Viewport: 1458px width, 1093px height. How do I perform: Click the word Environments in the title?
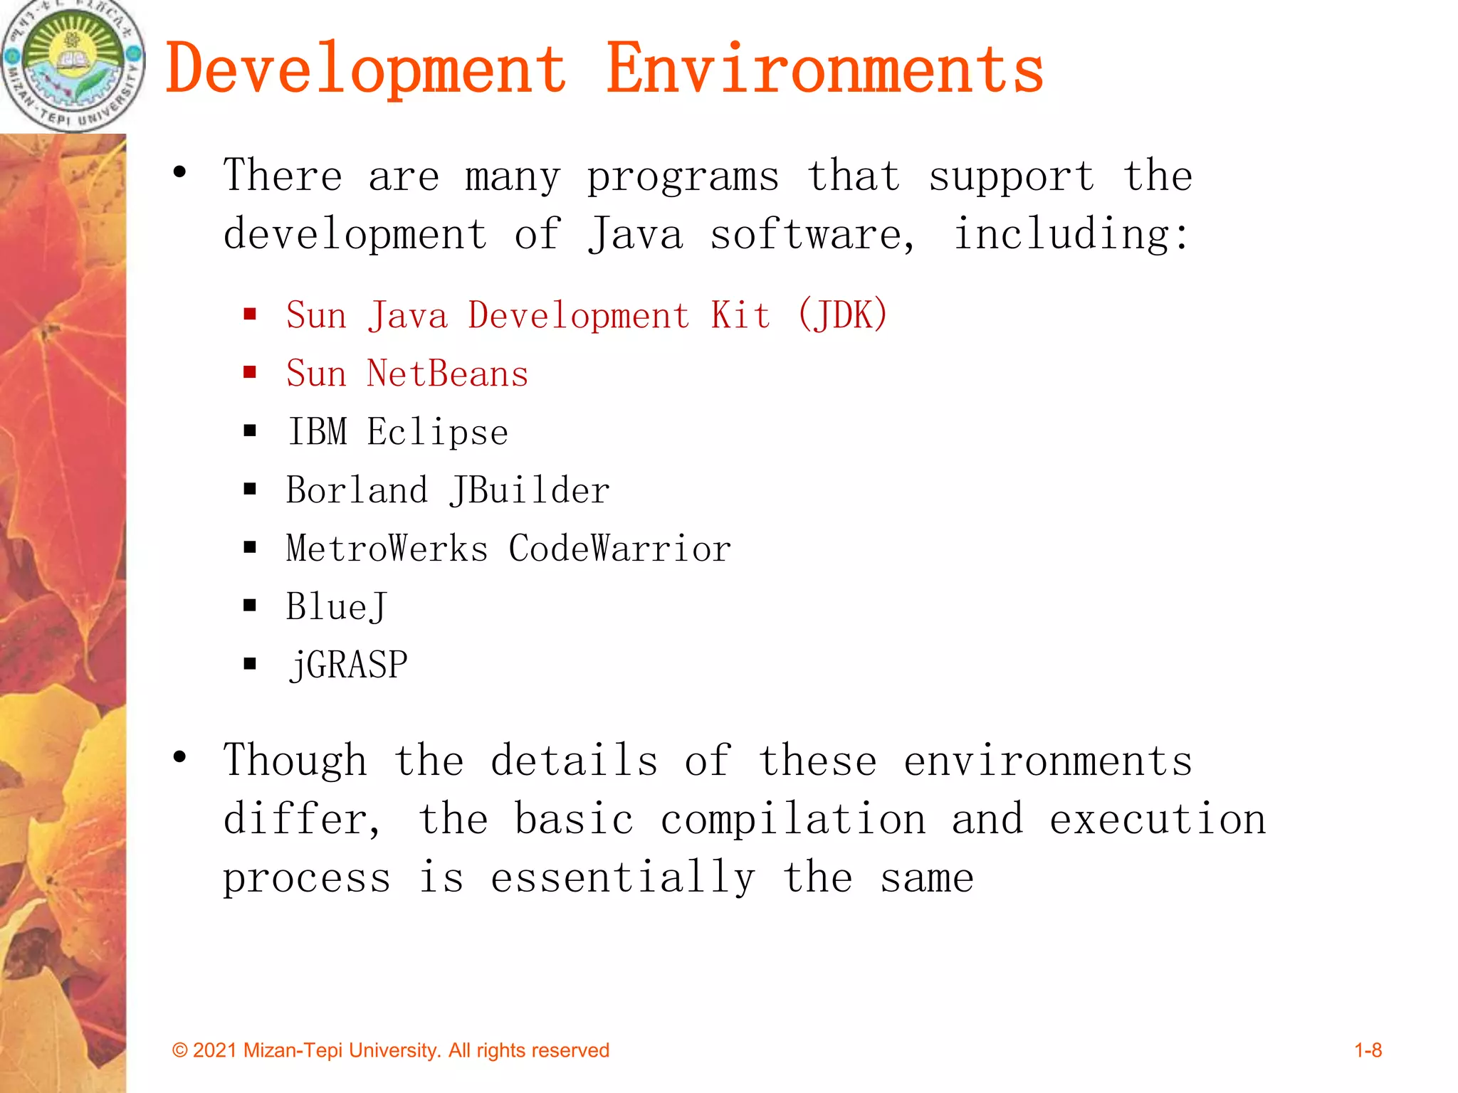click(824, 69)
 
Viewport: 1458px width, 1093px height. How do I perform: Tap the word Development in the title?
click(366, 69)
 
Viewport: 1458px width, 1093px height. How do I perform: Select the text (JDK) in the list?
click(843, 315)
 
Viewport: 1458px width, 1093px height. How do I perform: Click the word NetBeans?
click(447, 374)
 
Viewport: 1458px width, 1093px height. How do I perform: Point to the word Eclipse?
click(437, 433)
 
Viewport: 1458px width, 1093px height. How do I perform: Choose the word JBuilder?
click(530, 491)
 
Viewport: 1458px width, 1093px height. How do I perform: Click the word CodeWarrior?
click(619, 549)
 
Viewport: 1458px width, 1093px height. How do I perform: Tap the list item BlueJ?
click(336, 608)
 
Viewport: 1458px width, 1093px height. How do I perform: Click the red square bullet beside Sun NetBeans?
click(250, 372)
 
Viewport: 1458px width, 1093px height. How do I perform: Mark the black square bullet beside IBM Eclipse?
click(250, 431)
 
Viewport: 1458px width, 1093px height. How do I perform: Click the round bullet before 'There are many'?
click(180, 172)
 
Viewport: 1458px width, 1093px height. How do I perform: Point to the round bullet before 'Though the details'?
click(180, 757)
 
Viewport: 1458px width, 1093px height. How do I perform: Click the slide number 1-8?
click(1368, 1050)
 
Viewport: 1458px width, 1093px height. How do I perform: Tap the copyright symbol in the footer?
click(180, 1051)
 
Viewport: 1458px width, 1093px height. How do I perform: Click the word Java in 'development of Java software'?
click(635, 235)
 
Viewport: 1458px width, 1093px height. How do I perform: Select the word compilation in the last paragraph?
click(793, 820)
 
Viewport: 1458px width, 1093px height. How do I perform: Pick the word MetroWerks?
click(387, 549)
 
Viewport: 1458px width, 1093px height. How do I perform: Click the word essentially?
click(622, 878)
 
